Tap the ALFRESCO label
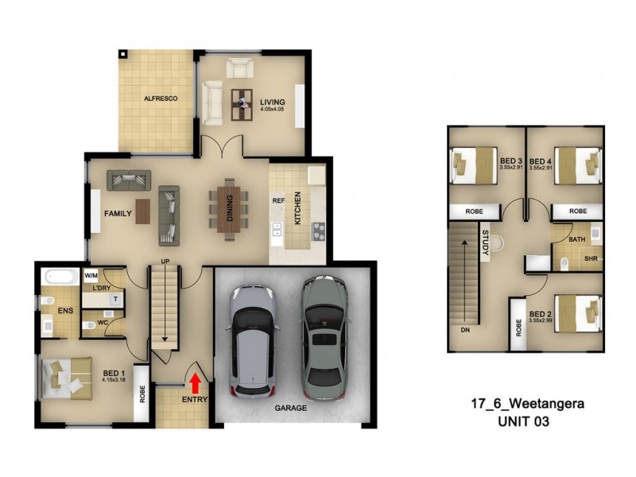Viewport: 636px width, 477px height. point(160,99)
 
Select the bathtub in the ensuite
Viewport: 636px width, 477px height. point(60,279)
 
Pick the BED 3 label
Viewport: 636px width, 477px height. point(488,159)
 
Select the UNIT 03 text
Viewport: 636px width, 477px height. point(525,421)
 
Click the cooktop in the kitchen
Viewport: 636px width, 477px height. point(318,231)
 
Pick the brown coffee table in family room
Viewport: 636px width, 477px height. point(142,211)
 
